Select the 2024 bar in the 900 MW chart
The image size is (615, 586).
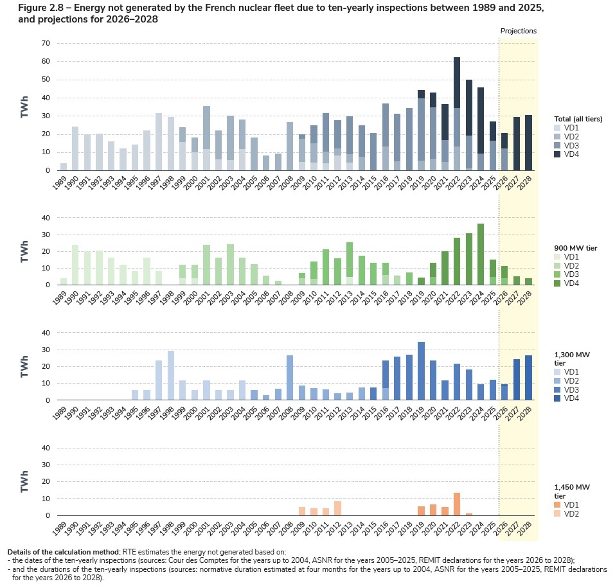tap(481, 254)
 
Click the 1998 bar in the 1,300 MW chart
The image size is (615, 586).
tap(171, 375)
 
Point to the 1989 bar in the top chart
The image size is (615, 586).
tap(63, 166)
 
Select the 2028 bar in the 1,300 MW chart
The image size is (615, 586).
tap(528, 378)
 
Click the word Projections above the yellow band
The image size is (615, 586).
tap(518, 31)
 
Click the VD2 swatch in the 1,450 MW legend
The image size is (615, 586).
tap(558, 514)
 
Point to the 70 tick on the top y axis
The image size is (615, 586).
tap(46, 44)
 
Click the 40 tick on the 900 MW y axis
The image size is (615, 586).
tap(46, 218)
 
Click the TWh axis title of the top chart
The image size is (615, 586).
tap(24, 107)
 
